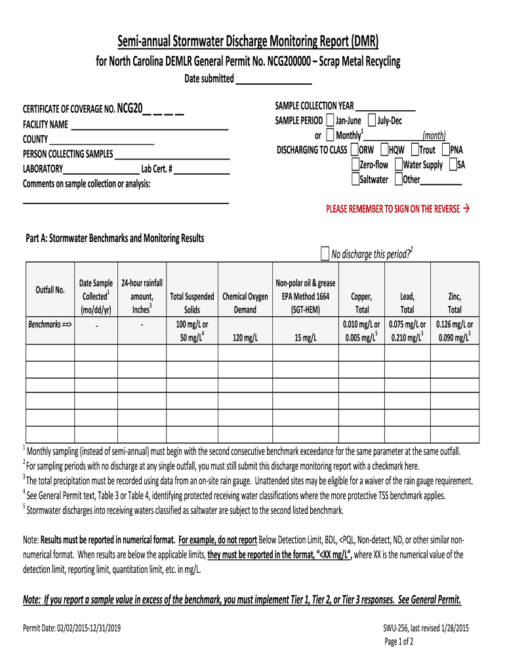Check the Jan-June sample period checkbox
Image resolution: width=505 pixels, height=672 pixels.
[x=330, y=121]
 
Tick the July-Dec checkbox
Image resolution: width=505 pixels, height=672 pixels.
[x=372, y=121]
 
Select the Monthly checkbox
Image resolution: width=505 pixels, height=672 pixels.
[x=330, y=135]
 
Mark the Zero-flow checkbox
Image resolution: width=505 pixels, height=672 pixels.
[x=355, y=165]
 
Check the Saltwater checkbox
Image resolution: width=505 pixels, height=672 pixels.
[x=355, y=179]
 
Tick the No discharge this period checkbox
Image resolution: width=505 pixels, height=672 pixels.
[x=325, y=254]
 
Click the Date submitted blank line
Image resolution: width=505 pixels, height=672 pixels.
[x=273, y=79]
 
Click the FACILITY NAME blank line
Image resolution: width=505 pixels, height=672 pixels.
[x=149, y=125]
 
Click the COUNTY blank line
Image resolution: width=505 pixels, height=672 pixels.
[x=102, y=139]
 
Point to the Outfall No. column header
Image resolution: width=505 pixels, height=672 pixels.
[x=50, y=290]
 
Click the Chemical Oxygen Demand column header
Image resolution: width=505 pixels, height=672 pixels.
[x=245, y=303]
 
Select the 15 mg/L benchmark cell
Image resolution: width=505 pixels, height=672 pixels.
[x=306, y=337]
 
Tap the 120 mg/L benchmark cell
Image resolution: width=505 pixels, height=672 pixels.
[x=245, y=337]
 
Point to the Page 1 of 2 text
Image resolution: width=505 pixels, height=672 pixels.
[x=398, y=641]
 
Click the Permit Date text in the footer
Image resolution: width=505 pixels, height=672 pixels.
[x=71, y=628]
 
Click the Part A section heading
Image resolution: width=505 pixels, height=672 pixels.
[x=115, y=238]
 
